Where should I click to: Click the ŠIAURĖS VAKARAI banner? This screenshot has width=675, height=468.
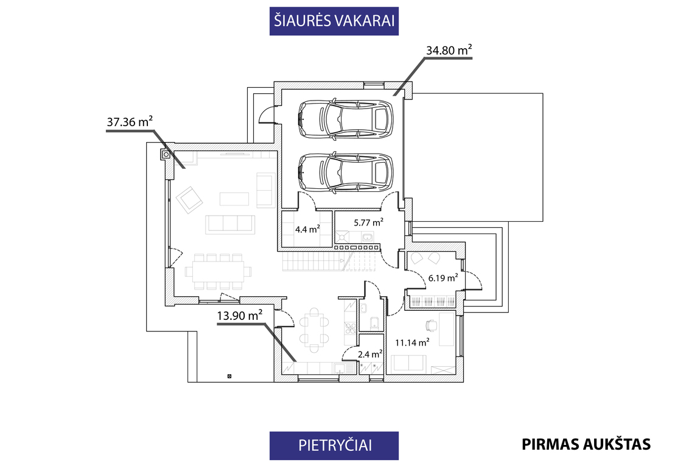[334, 21]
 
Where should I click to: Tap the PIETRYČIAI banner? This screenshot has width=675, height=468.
[334, 445]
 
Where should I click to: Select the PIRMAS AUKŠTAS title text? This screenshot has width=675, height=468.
[586, 444]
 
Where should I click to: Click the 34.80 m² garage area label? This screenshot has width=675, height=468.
[449, 50]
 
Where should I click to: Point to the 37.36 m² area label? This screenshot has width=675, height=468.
[130, 121]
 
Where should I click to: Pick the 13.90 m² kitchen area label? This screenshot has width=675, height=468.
[240, 316]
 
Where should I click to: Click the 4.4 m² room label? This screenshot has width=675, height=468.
[307, 229]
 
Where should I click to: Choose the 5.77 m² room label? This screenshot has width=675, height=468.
[368, 223]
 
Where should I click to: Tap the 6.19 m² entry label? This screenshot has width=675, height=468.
[443, 278]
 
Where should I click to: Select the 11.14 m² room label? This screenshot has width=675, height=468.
[412, 342]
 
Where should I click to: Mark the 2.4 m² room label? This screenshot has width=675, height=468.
[370, 354]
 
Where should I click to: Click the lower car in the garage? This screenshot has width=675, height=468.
[345, 172]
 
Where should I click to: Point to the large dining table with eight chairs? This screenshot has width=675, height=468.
[219, 272]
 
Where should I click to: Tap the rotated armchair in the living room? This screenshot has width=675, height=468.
[189, 199]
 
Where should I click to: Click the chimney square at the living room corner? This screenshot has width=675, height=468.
[166, 154]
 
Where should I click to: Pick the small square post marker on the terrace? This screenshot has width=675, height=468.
[229, 376]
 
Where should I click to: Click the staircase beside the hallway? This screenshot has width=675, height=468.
[332, 261]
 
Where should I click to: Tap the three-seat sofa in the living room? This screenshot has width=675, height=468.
[230, 224]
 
